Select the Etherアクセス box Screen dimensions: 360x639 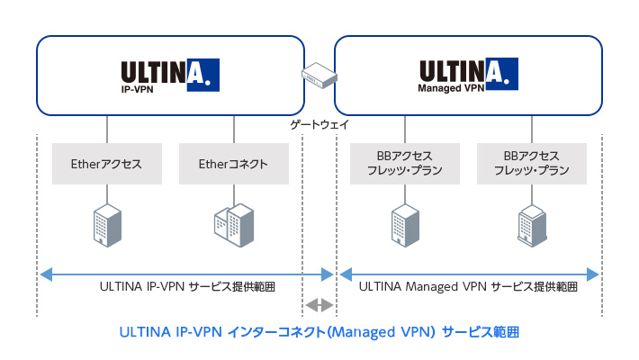(107, 165)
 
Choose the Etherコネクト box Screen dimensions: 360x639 (233, 165)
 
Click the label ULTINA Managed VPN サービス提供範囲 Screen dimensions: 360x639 (467, 287)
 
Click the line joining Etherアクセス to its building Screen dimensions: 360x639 (107, 194)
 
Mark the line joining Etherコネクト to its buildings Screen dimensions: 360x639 (233, 194)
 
